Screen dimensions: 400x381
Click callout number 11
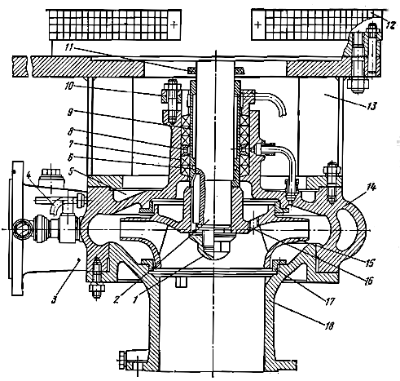coord(69,47)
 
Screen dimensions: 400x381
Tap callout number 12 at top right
coord(390,25)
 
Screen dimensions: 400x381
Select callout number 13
coord(371,105)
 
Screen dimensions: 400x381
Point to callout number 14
coord(371,187)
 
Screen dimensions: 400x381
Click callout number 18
coord(329,326)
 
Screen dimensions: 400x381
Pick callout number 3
coord(55,299)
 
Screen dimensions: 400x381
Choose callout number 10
coord(69,86)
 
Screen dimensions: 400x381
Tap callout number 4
coord(29,175)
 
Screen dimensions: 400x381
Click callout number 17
coord(330,301)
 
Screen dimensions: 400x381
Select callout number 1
coord(135,299)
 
